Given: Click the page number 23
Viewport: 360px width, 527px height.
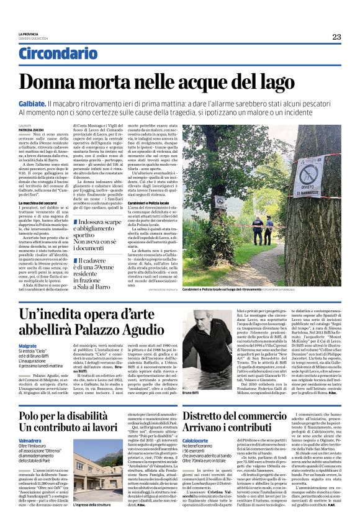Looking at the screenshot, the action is (x=336, y=37).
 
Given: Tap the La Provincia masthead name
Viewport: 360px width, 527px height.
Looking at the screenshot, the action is (x=29, y=34).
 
